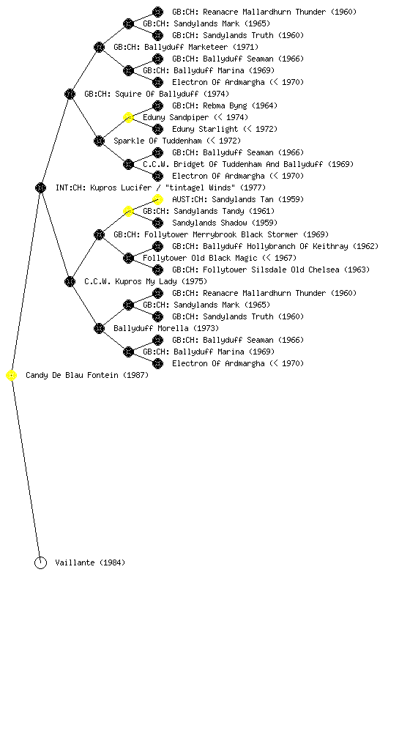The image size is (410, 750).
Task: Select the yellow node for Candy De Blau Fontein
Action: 12,376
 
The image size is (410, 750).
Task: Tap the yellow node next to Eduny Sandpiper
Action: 128,117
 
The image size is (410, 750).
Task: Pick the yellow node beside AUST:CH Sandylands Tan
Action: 157,199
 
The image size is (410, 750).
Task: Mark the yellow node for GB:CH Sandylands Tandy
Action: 128,211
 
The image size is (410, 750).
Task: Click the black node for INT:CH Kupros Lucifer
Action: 40,187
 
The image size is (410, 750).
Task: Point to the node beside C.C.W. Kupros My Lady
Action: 70,281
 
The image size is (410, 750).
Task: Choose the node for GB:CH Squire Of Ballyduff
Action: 70,94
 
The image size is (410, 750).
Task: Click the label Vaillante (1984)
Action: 90,563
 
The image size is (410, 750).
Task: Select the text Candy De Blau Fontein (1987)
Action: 87,376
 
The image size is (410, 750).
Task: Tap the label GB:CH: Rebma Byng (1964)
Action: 225,105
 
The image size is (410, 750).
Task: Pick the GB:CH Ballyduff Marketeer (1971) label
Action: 186,47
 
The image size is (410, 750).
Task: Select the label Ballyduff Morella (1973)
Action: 166,328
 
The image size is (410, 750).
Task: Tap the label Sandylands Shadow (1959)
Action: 225,223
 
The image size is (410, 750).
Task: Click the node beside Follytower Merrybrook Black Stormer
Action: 99,234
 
